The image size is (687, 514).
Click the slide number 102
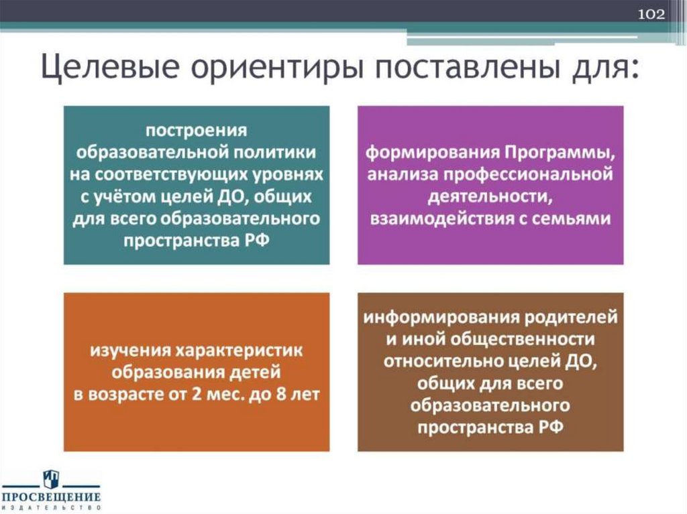[651, 14]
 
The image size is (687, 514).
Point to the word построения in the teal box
[197, 129]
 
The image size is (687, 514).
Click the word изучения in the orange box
[121, 350]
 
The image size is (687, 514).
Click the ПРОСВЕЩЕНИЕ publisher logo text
[51, 497]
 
